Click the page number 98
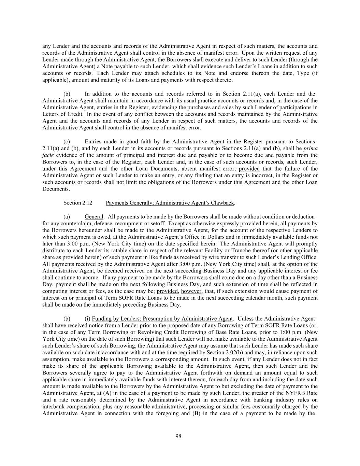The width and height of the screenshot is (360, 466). pos(178,436)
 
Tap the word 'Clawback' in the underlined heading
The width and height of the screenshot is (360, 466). pos(223,203)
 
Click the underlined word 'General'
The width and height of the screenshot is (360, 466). pos(94,216)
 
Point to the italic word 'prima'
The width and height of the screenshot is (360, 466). pos(310,148)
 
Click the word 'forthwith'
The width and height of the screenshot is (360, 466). pos(224,373)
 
